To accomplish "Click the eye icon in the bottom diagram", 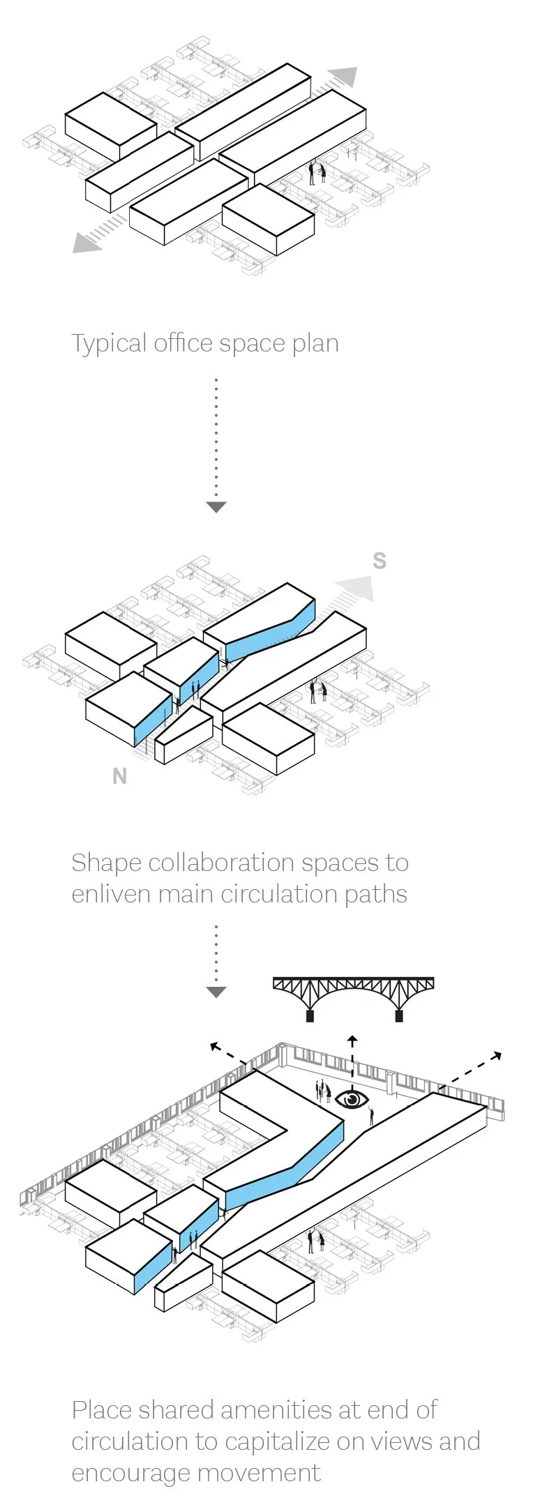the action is click(352, 1098).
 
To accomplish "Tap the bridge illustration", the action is click(354, 996).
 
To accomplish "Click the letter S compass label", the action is click(380, 561).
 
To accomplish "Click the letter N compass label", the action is click(120, 776).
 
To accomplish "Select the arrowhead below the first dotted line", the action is click(216, 507).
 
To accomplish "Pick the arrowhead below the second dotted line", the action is click(216, 992).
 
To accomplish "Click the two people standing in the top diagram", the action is click(317, 172).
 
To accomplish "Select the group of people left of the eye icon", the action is click(323, 1091).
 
